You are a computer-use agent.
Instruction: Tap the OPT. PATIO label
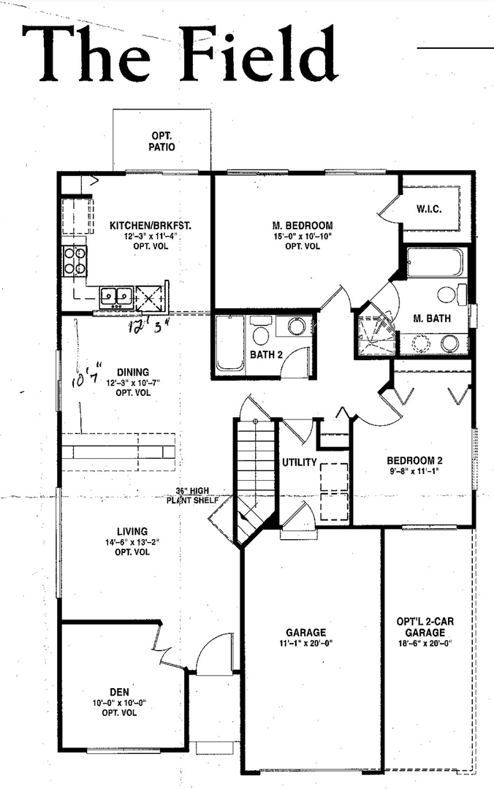click(x=163, y=141)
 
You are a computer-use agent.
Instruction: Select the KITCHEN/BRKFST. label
click(x=151, y=226)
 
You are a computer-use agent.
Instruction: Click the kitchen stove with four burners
click(x=75, y=260)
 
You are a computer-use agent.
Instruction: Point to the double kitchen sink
click(x=116, y=296)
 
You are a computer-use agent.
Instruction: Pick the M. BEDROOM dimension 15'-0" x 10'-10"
click(x=303, y=236)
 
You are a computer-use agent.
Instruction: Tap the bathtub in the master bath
click(x=435, y=263)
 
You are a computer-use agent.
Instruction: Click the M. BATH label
click(x=431, y=318)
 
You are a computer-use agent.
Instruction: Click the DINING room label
click(x=132, y=372)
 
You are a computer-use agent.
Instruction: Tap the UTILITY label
click(x=300, y=462)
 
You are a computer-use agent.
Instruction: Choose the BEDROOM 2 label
click(x=414, y=461)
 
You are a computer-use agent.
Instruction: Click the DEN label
click(x=115, y=691)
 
